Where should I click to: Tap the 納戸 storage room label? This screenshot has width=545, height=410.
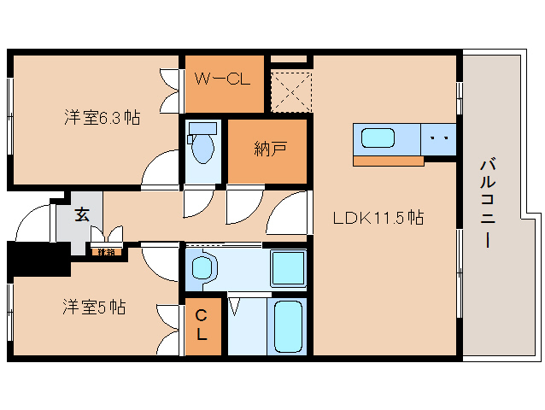coord(269,149)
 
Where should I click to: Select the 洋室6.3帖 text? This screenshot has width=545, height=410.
coord(102,117)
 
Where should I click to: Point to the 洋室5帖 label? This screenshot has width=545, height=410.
coord(94,307)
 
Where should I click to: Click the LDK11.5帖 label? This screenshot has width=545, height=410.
coord(378,218)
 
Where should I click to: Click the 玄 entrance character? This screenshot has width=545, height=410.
coord(81,214)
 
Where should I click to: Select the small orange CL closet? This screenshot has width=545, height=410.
coord(202,326)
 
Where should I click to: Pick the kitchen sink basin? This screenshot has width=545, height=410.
coord(378,138)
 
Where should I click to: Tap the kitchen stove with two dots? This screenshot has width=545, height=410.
coord(440,138)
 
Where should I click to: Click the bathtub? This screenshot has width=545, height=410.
coord(288,326)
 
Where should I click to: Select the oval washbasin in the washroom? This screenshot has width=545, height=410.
coord(202,269)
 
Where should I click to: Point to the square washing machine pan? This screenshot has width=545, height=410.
coord(288,269)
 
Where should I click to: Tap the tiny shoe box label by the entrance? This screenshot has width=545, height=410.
coord(106,252)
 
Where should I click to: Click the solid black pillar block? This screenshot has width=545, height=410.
coord(38,258)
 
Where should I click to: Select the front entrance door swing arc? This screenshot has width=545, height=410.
coord(32,224)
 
